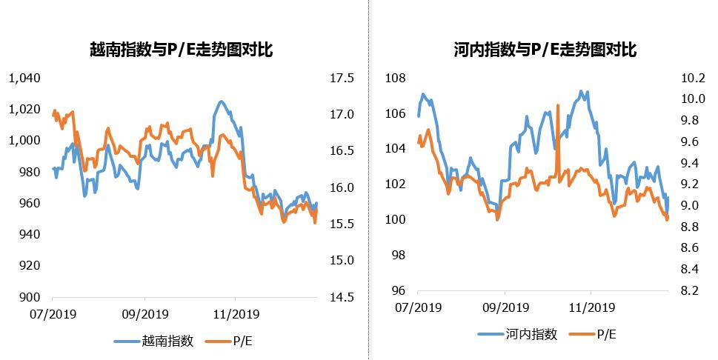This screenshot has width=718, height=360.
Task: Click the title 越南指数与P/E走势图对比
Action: tap(181, 50)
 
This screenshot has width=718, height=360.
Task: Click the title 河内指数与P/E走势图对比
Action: tap(545, 50)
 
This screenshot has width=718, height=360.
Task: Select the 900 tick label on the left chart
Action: tap(30, 297)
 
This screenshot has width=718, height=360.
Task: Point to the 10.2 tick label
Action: tap(688, 78)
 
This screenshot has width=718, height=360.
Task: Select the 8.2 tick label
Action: tap(688, 290)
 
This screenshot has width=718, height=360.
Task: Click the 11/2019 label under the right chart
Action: tap(591, 307)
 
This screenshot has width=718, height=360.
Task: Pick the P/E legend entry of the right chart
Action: tap(605, 334)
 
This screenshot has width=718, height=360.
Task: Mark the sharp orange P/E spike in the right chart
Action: tap(556, 107)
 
